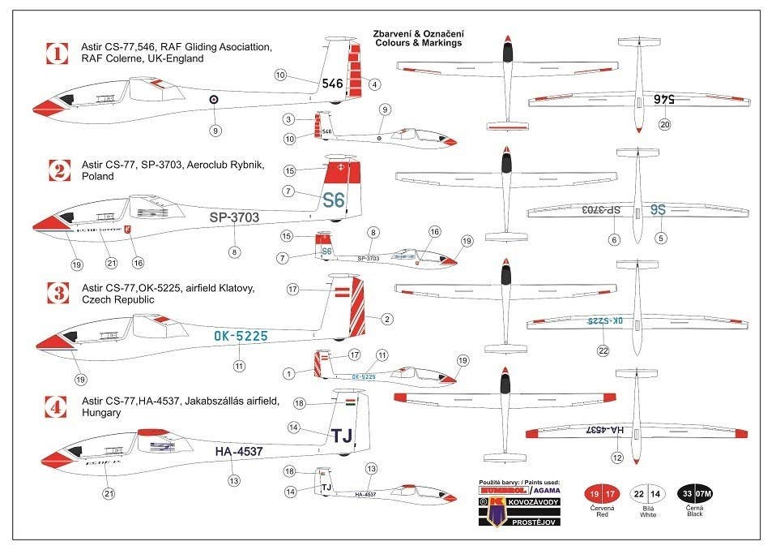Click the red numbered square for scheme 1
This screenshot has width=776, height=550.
click(57, 54)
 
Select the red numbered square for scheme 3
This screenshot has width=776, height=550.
click(57, 293)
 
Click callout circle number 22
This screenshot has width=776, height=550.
click(603, 350)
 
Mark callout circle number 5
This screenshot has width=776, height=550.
click(661, 238)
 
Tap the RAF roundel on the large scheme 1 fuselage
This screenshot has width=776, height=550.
click(214, 100)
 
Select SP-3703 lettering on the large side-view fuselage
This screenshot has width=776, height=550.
click(234, 217)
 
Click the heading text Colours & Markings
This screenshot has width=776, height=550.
click(418, 43)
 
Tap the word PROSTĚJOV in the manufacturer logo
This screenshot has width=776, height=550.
click(523, 522)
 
